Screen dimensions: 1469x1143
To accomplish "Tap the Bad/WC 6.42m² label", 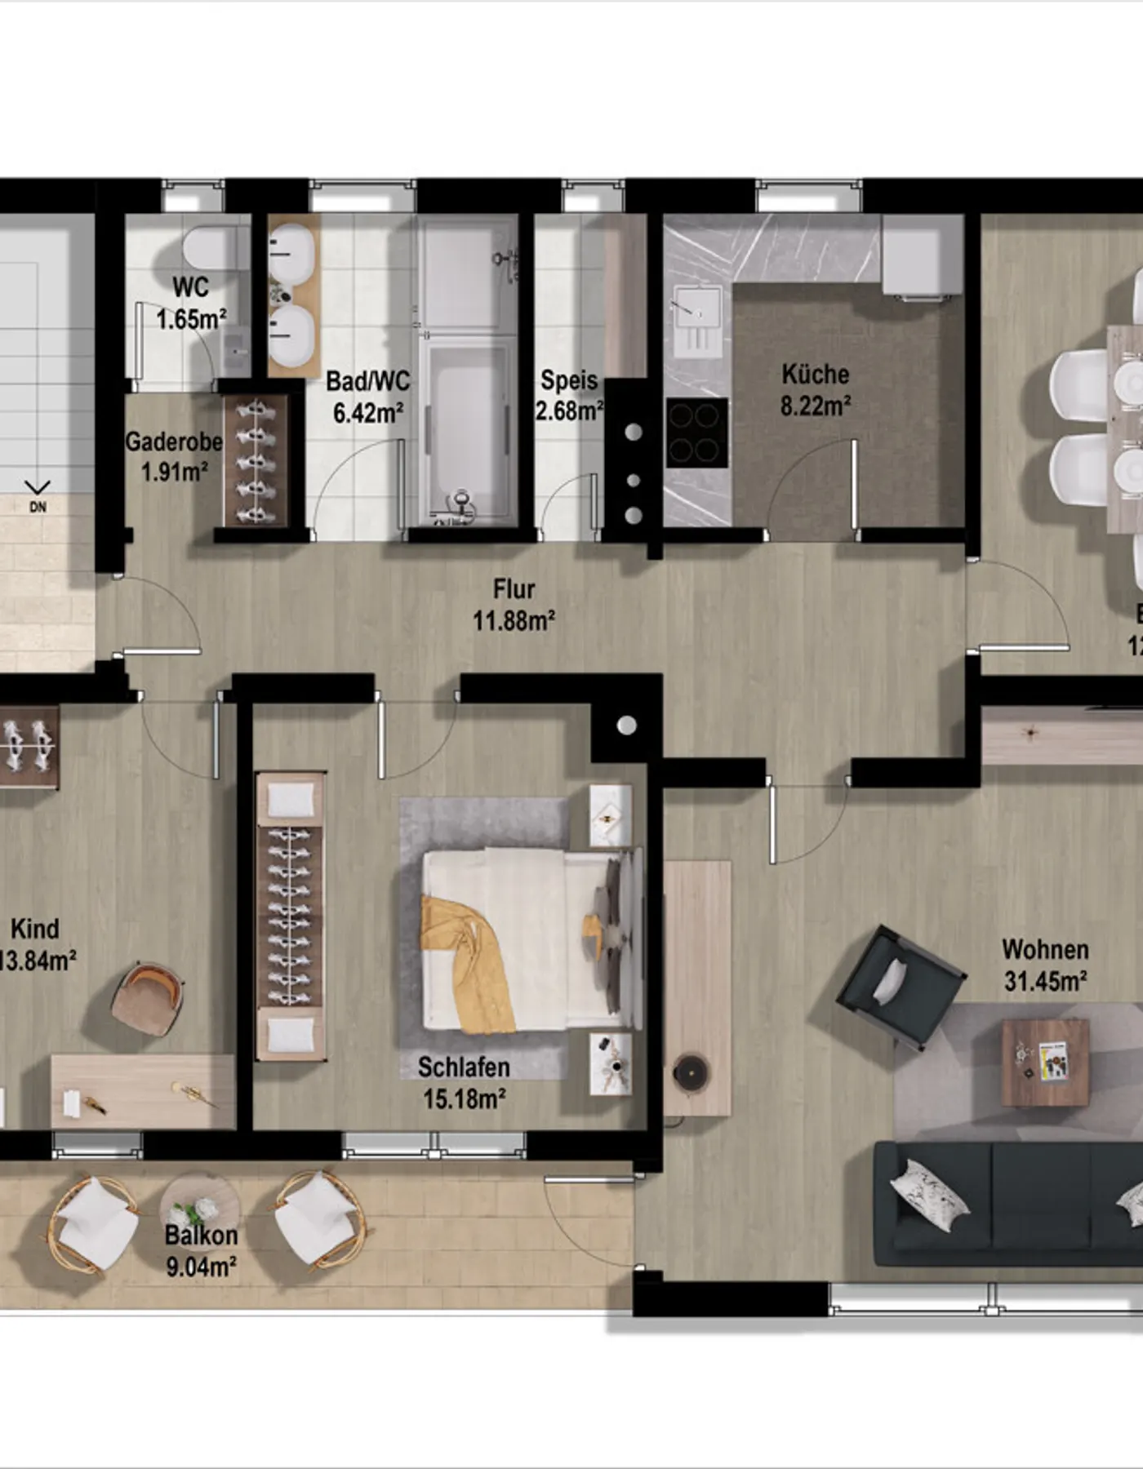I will coord(367,397).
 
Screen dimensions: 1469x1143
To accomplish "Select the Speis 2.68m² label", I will coord(569,395).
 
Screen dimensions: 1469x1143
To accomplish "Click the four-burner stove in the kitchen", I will coord(696,433).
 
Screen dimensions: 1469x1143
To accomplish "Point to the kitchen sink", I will coord(696,318).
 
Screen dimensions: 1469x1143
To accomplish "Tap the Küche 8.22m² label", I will coord(816,389).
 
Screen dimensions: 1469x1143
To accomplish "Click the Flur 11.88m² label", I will coord(514,604).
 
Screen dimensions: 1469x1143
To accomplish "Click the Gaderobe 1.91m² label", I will coord(173,456).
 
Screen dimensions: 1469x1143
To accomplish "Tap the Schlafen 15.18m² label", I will coord(464,1082).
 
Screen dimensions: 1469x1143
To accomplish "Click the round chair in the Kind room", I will coord(148,1001).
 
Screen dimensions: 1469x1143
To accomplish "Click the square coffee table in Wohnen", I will coord(1045,1062).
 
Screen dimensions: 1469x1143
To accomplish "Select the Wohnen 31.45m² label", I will coord(1045,965).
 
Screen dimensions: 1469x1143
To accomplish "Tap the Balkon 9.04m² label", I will coord(201,1250).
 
